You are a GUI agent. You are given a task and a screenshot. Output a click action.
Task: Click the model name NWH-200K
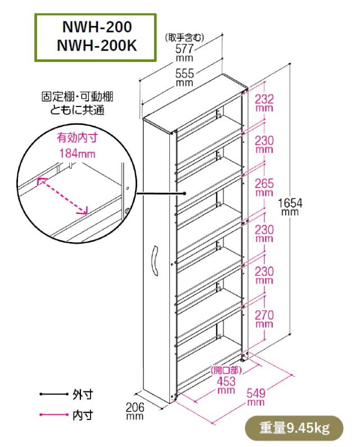(96, 44)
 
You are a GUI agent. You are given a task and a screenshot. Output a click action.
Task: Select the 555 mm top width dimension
(184, 73)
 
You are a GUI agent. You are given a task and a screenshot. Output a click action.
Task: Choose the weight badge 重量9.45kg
(294, 427)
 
